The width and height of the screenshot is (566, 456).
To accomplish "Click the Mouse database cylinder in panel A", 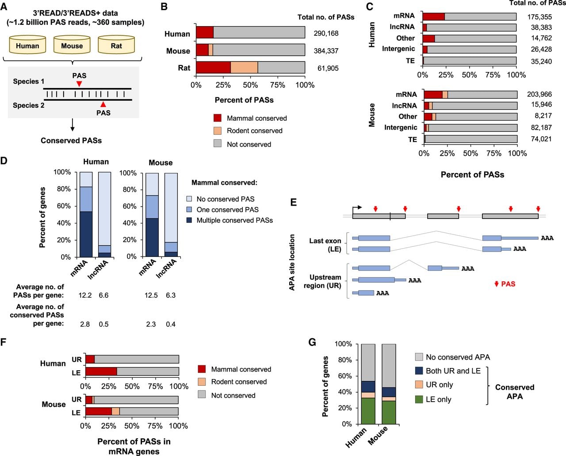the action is tap(72, 45).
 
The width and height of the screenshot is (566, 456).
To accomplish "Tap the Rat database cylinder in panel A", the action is tap(116, 45).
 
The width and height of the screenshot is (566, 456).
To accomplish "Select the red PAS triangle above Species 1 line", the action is tap(79, 84).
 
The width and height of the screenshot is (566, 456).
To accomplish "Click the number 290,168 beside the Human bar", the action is tap(326, 34).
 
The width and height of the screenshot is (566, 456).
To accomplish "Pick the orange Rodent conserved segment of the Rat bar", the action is tap(244, 67).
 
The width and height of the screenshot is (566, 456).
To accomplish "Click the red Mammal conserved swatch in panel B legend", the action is tap(218, 118).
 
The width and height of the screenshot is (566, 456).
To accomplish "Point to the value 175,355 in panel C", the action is tap(539, 17).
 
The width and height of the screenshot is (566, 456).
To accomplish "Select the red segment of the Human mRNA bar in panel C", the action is tap(434, 16).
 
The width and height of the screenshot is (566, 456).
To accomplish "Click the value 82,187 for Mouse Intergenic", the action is tap(541, 128).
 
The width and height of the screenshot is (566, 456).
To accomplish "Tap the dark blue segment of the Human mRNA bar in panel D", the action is tap(86, 234).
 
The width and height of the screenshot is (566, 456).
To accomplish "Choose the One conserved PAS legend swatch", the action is tap(189, 210).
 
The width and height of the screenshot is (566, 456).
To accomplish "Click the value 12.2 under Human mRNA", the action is tap(85, 295).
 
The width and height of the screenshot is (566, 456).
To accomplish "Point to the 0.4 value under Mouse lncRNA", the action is tap(170, 324).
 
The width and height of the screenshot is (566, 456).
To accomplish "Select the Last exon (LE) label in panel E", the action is tap(325, 245).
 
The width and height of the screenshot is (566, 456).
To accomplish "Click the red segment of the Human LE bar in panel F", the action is tap(101, 372).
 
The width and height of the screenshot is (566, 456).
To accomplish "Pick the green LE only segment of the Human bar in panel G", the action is tap(368, 411).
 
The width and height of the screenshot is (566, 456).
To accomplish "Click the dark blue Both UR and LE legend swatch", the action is tap(419, 371).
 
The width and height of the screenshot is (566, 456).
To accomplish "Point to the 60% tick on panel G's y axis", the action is tap(356, 376).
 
